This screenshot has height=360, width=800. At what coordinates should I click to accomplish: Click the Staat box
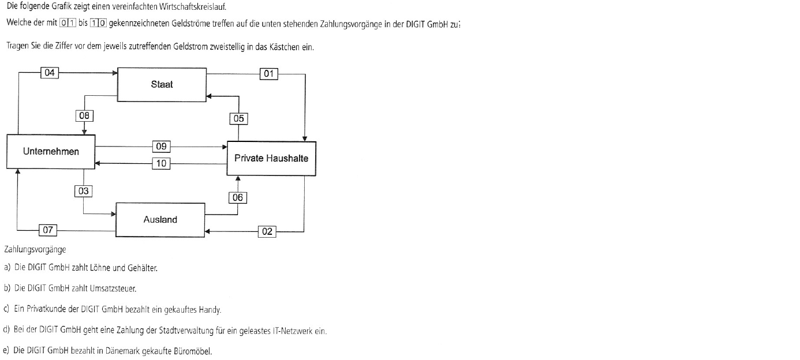[162, 85]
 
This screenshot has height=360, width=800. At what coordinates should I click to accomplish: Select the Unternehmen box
[51, 151]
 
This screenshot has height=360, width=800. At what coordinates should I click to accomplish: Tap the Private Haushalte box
[271, 159]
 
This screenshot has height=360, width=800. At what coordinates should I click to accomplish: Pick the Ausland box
[160, 220]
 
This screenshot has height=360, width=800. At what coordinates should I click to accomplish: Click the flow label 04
[50, 73]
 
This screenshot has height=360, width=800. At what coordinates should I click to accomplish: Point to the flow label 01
[268, 74]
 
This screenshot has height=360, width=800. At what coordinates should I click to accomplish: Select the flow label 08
[84, 116]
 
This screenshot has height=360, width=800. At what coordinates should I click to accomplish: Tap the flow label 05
[238, 119]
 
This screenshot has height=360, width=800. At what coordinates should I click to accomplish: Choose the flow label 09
[162, 147]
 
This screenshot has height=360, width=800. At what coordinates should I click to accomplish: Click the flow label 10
[162, 164]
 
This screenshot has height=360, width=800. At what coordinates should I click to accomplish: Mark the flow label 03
[84, 191]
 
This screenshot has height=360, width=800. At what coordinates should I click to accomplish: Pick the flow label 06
[237, 197]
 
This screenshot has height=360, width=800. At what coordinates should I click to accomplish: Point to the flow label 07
[48, 230]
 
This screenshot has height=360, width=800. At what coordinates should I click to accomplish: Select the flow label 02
[267, 231]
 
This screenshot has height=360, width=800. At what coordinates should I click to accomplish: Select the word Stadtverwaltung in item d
[186, 331]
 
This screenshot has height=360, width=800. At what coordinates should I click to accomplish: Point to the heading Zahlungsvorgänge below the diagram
[35, 250]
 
